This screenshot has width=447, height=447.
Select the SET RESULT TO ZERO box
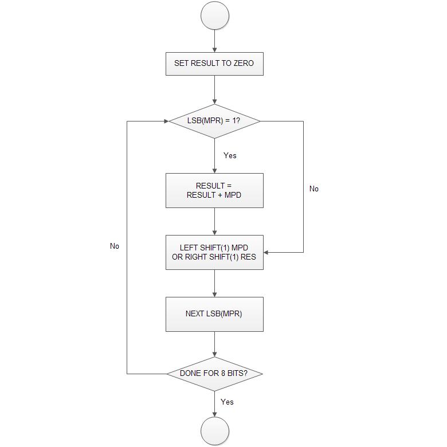tap(214, 63)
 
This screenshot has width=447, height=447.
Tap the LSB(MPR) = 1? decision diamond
tap(214, 121)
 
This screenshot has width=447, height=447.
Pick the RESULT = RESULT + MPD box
tap(214, 190)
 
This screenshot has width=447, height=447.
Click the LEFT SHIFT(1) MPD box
tap(214, 252)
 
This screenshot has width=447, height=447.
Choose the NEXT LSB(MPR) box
tap(214, 314)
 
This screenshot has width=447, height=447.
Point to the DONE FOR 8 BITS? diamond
tap(214, 374)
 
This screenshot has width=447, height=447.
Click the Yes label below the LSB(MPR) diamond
tap(230, 155)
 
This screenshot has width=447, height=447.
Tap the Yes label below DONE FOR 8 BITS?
tap(227, 402)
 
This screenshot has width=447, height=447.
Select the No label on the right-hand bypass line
tap(314, 189)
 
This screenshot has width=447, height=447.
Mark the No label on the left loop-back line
tap(115, 246)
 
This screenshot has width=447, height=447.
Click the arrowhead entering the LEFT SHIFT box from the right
tap(267, 252)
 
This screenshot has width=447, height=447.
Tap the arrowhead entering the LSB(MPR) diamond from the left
tap(164, 121)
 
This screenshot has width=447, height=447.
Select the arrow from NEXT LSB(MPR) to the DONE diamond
tap(215, 344)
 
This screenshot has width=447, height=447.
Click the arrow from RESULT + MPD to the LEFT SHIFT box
tap(215, 221)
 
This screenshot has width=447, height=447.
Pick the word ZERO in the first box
tap(244, 63)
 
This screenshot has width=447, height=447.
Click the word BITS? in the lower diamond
tap(238, 374)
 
